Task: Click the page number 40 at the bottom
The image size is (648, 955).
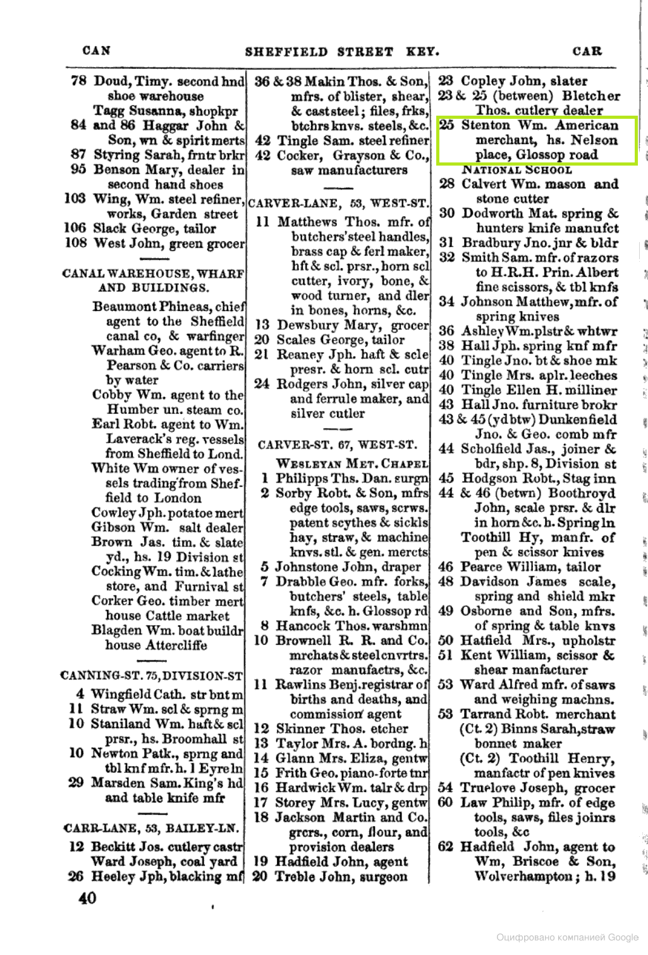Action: (87, 897)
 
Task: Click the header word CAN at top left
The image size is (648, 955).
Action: (97, 51)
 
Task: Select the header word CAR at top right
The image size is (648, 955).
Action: (587, 51)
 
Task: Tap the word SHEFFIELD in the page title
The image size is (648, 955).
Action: (286, 52)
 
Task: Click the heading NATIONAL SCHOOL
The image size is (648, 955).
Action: (517, 169)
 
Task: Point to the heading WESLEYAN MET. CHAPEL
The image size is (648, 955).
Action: (352, 464)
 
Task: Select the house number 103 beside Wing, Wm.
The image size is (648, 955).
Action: (75, 199)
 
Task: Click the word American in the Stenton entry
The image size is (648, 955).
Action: (587, 125)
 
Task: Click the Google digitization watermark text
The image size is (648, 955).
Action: (567, 938)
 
